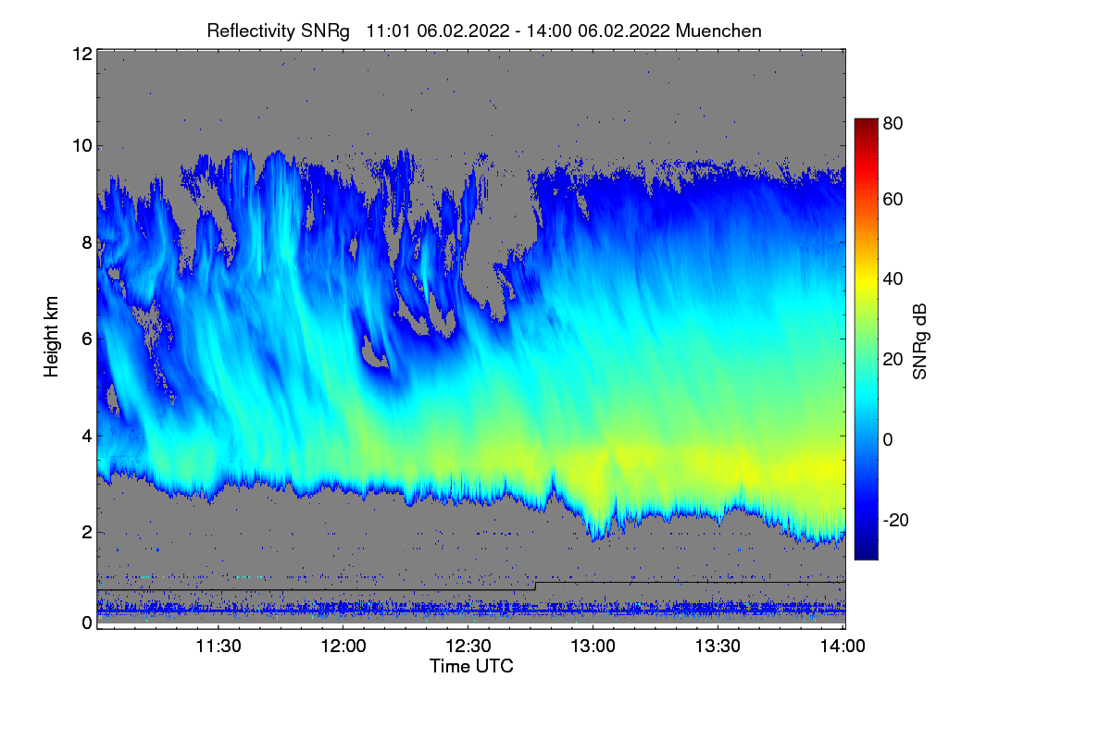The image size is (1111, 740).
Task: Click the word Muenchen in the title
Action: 718,31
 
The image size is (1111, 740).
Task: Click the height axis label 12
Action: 81,54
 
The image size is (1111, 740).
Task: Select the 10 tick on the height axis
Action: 81,145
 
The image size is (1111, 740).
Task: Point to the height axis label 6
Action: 85,339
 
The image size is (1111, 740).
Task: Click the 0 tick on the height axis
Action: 85,623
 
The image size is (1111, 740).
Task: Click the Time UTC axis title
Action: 471,666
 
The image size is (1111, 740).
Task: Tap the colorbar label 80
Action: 892,121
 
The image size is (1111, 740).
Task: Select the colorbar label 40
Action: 892,279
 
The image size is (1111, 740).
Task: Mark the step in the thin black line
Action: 535,586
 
